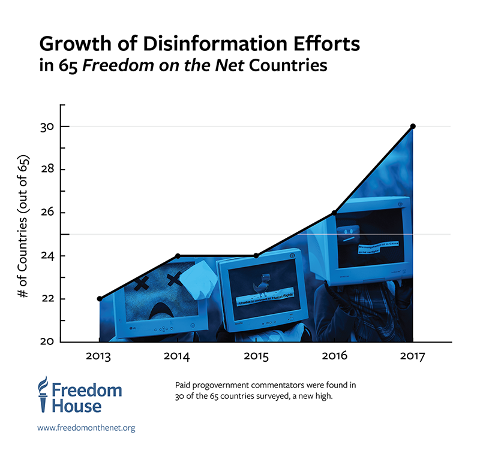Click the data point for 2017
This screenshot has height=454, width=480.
[413, 126]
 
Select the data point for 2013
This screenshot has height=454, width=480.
[99, 298]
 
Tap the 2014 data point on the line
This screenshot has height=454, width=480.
[178, 256]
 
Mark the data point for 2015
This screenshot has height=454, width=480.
[256, 256]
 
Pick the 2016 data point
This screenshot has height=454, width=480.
[334, 213]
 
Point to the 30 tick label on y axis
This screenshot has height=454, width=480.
[47, 127]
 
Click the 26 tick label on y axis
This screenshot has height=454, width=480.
[47, 213]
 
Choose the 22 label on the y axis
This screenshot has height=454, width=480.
[47, 299]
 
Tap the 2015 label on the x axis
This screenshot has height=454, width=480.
[256, 357]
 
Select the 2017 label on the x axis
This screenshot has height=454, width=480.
[412, 357]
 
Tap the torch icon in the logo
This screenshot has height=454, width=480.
[43, 394]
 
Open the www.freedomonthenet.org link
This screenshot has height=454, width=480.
[86, 428]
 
